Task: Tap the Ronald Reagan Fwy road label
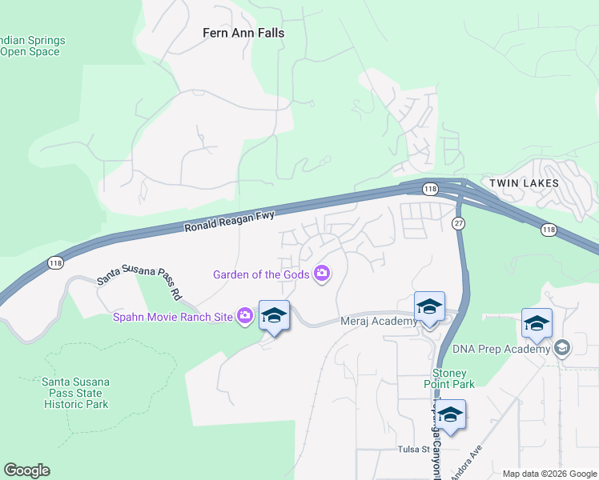230,221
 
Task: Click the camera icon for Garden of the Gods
322,274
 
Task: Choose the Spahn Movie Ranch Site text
173,317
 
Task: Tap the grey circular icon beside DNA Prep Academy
562,348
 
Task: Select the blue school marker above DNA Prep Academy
537,323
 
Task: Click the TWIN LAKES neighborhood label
525,183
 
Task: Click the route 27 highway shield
458,222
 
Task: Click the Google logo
26,470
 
